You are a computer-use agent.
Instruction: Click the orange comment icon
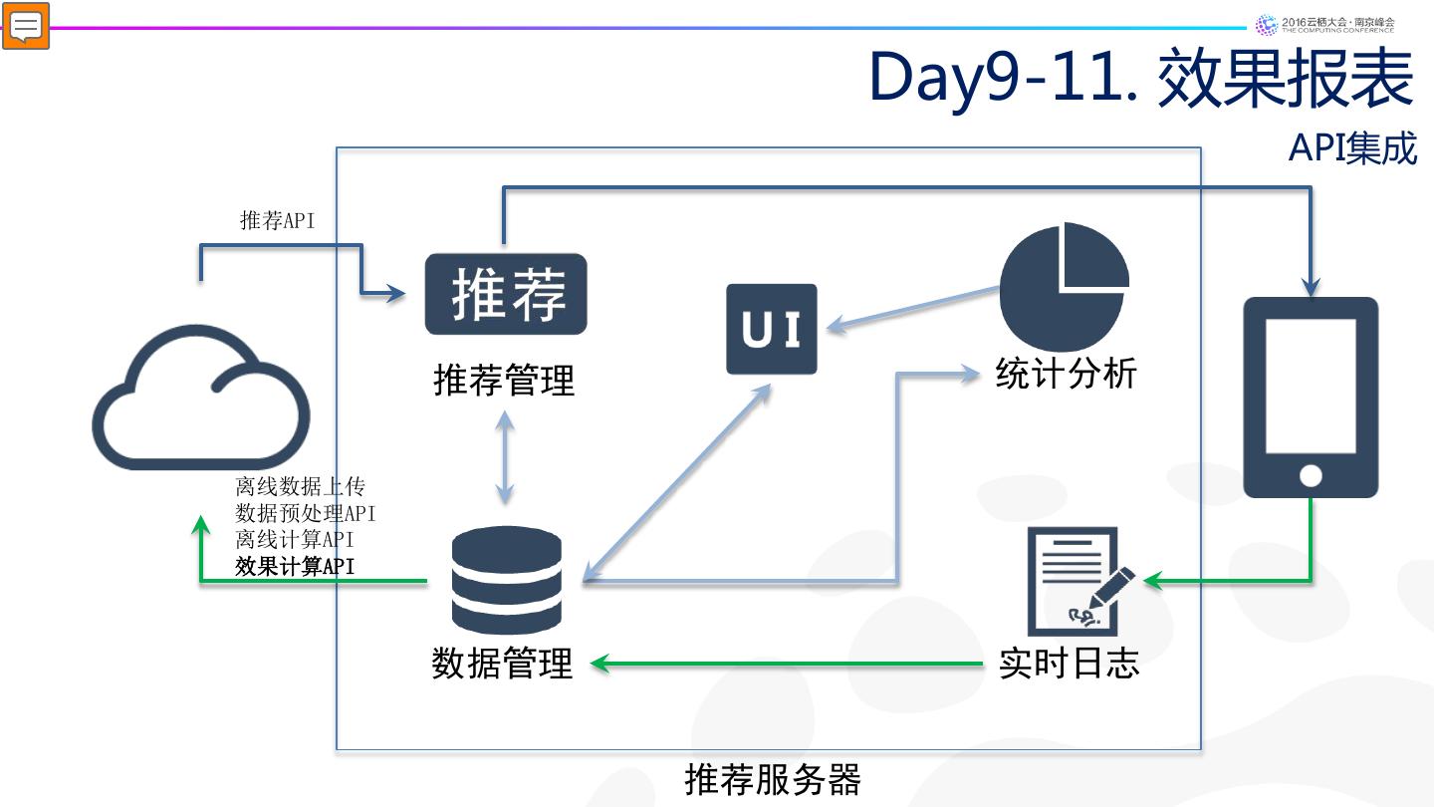tap(26, 26)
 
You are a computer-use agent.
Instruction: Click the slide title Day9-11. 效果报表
tap(1141, 78)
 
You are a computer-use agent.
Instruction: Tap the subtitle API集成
tap(1352, 148)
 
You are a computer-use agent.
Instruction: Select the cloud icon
tap(201, 398)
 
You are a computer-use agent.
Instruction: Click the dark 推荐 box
tap(506, 294)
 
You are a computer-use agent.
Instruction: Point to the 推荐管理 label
tap(505, 380)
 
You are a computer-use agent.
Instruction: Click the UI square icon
tap(772, 329)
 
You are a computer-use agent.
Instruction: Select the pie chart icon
tap(1063, 286)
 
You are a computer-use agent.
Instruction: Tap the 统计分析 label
tap(1066, 373)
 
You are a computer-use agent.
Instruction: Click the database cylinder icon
tap(506, 580)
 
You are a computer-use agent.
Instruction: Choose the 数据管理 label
tap(503, 663)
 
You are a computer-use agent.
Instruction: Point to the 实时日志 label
tap(1070, 663)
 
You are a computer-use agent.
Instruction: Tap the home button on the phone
tap(1312, 475)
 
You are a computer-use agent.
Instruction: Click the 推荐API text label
tap(277, 220)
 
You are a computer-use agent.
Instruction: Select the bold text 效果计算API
tap(295, 566)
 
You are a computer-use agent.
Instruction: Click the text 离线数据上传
tap(301, 486)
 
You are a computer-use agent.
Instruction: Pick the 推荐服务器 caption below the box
tap(773, 779)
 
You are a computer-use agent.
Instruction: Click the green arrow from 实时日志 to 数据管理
tap(786, 664)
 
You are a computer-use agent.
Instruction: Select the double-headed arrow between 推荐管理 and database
tap(505, 457)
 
